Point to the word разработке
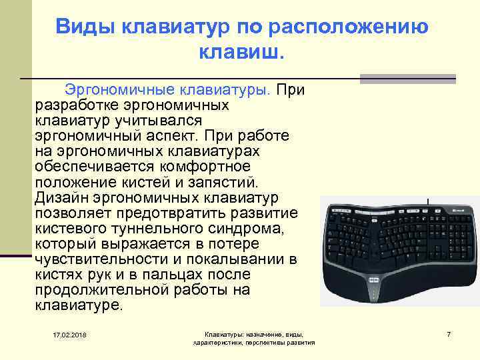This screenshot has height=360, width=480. (x=75, y=105)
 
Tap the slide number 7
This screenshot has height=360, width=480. (x=449, y=333)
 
